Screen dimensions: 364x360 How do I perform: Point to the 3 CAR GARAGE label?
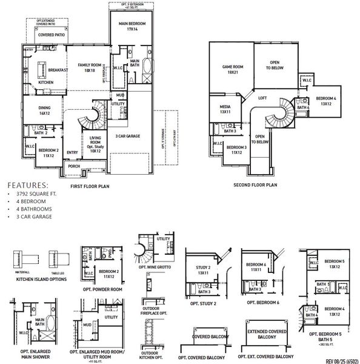click(x=124, y=136)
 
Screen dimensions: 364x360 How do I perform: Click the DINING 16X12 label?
click(x=44, y=110)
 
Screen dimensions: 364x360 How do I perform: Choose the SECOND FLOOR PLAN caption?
click(x=255, y=184)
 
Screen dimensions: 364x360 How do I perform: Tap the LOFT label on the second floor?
click(x=262, y=98)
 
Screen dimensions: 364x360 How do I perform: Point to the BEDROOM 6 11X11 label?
click(x=255, y=267)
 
